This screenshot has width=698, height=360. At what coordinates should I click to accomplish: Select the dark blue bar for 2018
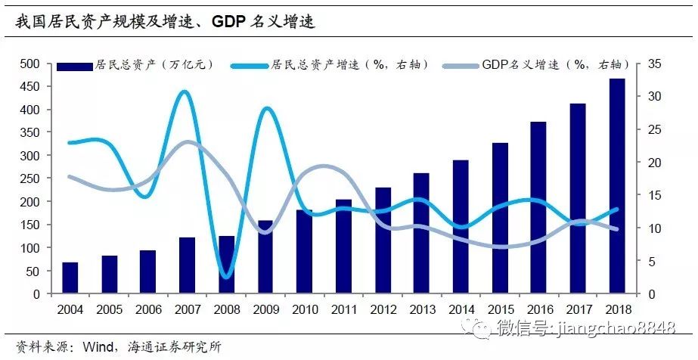coord(617,186)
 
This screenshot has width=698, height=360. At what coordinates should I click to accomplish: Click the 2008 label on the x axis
coord(226,309)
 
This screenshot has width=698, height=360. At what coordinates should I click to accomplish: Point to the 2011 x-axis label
coord(343,309)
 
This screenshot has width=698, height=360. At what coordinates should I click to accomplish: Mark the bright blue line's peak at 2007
coord(186,92)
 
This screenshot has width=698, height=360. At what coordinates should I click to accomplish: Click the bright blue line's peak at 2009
coord(266,109)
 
